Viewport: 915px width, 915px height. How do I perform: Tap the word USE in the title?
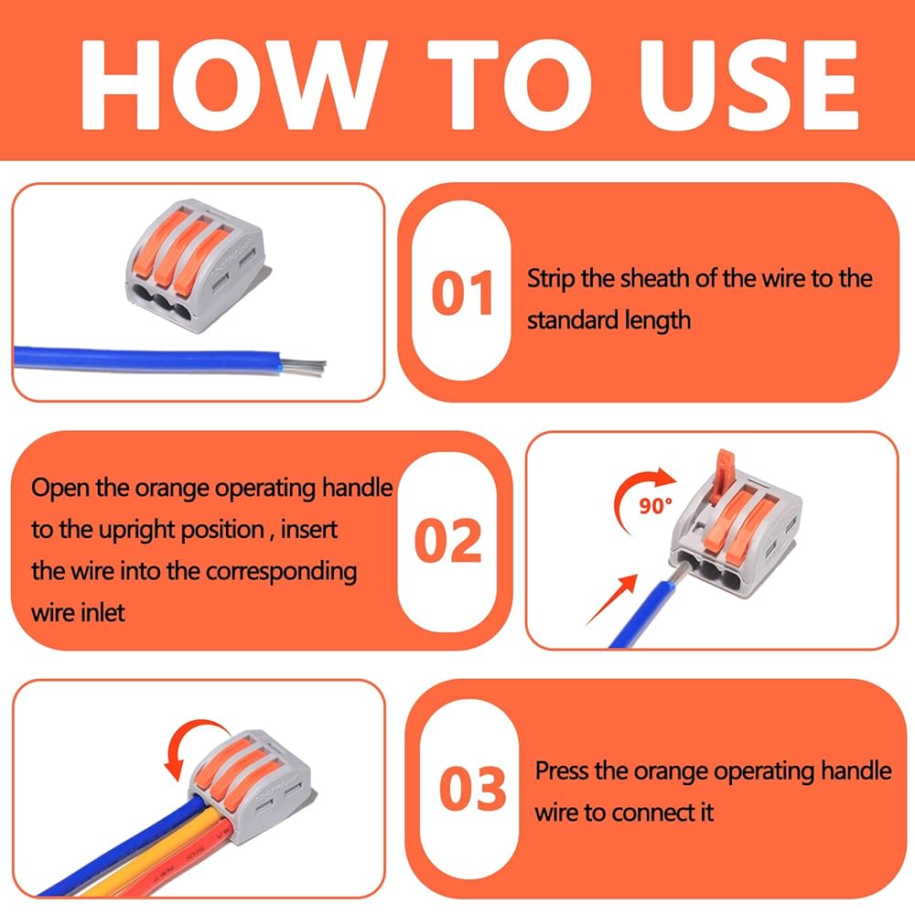(x=749, y=85)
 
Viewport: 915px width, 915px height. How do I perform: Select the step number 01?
(x=462, y=293)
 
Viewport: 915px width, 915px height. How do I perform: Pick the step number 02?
(x=447, y=541)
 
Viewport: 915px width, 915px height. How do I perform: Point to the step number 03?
(x=472, y=789)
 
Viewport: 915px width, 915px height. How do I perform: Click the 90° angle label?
(x=655, y=505)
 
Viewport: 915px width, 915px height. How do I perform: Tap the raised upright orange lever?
(x=723, y=476)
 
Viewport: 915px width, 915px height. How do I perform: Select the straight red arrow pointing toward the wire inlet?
(x=611, y=600)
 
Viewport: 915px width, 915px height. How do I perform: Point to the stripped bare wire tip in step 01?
(x=304, y=367)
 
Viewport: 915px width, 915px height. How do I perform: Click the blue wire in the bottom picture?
(x=117, y=846)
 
